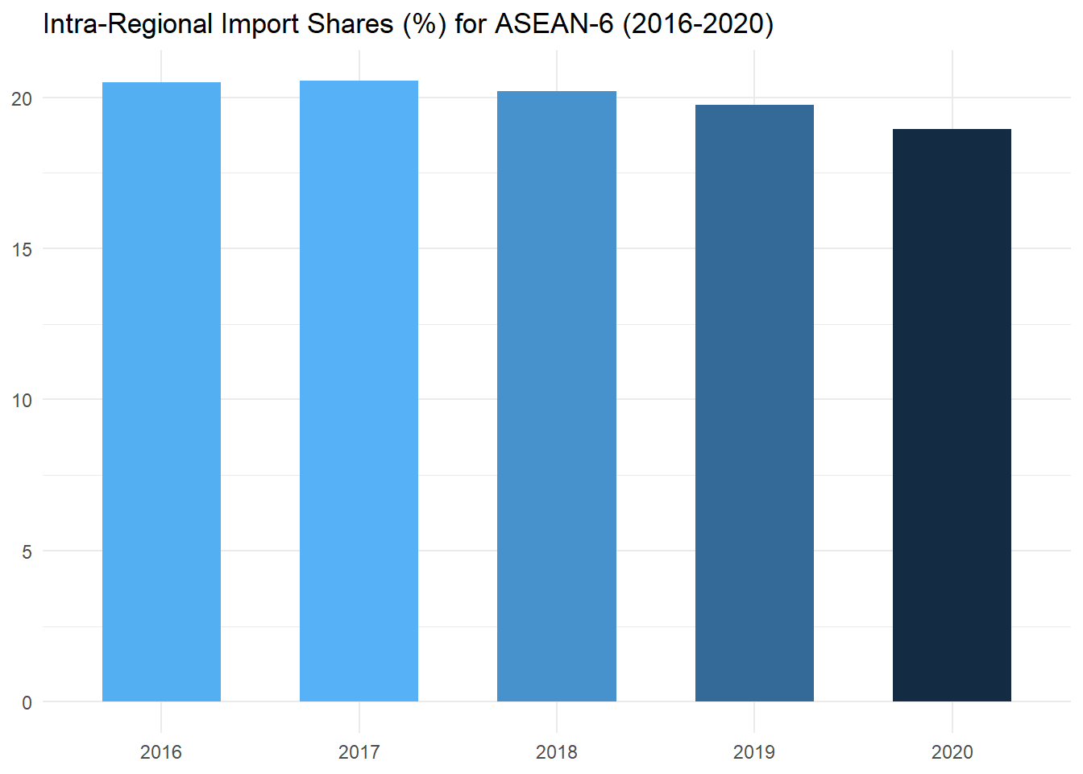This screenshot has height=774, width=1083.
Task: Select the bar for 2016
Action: (161, 392)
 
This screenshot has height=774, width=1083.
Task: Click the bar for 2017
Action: (359, 391)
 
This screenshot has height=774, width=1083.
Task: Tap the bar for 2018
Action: (557, 396)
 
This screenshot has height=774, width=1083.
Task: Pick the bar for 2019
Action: (754, 403)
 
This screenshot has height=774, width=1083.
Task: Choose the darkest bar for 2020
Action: (952, 415)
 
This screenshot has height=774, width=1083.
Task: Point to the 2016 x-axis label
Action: (161, 752)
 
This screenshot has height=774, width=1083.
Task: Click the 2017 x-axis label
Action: (359, 752)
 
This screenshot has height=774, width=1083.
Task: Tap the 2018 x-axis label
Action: (557, 752)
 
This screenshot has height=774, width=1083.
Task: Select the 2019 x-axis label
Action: (754, 752)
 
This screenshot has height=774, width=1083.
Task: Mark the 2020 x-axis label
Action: (952, 752)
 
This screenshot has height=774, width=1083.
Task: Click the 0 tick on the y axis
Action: (27, 702)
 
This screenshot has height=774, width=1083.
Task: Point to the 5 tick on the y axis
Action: (27, 551)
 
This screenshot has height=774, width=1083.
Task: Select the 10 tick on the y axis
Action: (23, 400)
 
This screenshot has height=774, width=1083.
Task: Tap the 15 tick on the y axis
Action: (23, 249)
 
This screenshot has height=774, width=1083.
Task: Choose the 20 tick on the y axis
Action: (23, 98)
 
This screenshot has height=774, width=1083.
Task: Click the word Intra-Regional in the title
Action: (127, 24)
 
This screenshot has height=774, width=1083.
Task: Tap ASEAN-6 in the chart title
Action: (554, 24)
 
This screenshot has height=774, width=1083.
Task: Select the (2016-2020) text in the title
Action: (698, 24)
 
